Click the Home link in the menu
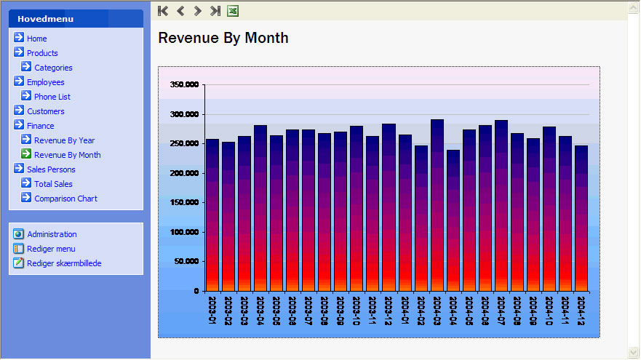pyautogui.click(x=36, y=39)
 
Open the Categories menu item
pyautogui.click(x=53, y=68)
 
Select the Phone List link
pyautogui.click(x=52, y=97)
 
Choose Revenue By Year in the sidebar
pyautogui.click(x=64, y=140)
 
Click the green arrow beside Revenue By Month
pyautogui.click(x=26, y=154)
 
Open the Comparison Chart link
pyautogui.click(x=65, y=199)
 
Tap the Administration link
pyautogui.click(x=52, y=234)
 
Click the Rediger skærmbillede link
pyautogui.click(x=64, y=263)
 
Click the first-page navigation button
pyautogui.click(x=163, y=11)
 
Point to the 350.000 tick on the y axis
pyautogui.click(x=183, y=85)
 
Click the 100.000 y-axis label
pyautogui.click(x=183, y=233)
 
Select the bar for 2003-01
pyautogui.click(x=212, y=218)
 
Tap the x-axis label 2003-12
pyautogui.click(x=389, y=310)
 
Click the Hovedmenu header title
pyautogui.click(x=40, y=19)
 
